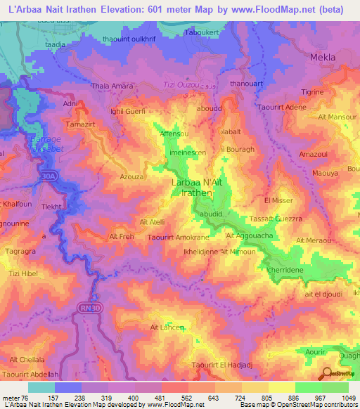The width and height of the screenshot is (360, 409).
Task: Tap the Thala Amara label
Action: (112, 86)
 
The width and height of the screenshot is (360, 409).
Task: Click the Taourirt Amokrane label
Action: (175, 238)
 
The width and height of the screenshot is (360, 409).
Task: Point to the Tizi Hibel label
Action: (20, 273)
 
